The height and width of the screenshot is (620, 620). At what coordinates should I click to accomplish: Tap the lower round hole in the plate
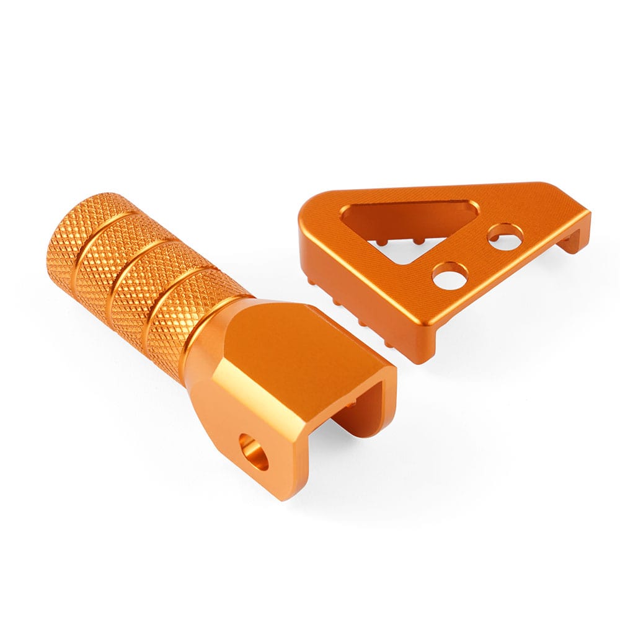tap(450, 274)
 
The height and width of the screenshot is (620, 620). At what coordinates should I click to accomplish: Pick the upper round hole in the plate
tap(505, 236)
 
